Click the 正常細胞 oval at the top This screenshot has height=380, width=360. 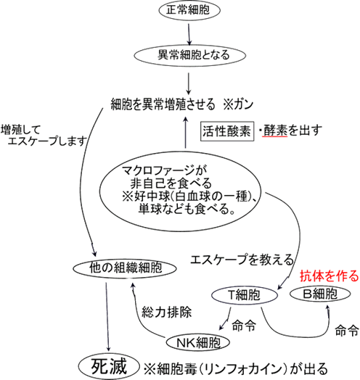189,10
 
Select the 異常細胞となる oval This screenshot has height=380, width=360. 190,55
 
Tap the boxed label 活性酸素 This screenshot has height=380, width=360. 227,131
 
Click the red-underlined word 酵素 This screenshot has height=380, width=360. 275,131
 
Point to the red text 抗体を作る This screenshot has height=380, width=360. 330,276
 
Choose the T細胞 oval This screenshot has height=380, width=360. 245,295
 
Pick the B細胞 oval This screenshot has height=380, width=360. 320,294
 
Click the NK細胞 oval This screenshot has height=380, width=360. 198,343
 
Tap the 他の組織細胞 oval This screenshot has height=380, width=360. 125,268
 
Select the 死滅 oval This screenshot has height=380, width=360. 109,367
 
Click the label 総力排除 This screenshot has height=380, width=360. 167,312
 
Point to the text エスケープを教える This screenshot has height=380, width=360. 242,260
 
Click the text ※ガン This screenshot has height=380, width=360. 239,104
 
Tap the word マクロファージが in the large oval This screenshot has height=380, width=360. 164,170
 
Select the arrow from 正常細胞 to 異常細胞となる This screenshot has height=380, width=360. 189,34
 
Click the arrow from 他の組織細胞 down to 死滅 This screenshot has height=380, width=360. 107,317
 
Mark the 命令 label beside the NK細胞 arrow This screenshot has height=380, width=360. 244,326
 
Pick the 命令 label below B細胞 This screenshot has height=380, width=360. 347,330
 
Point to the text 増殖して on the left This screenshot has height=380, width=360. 20,130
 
